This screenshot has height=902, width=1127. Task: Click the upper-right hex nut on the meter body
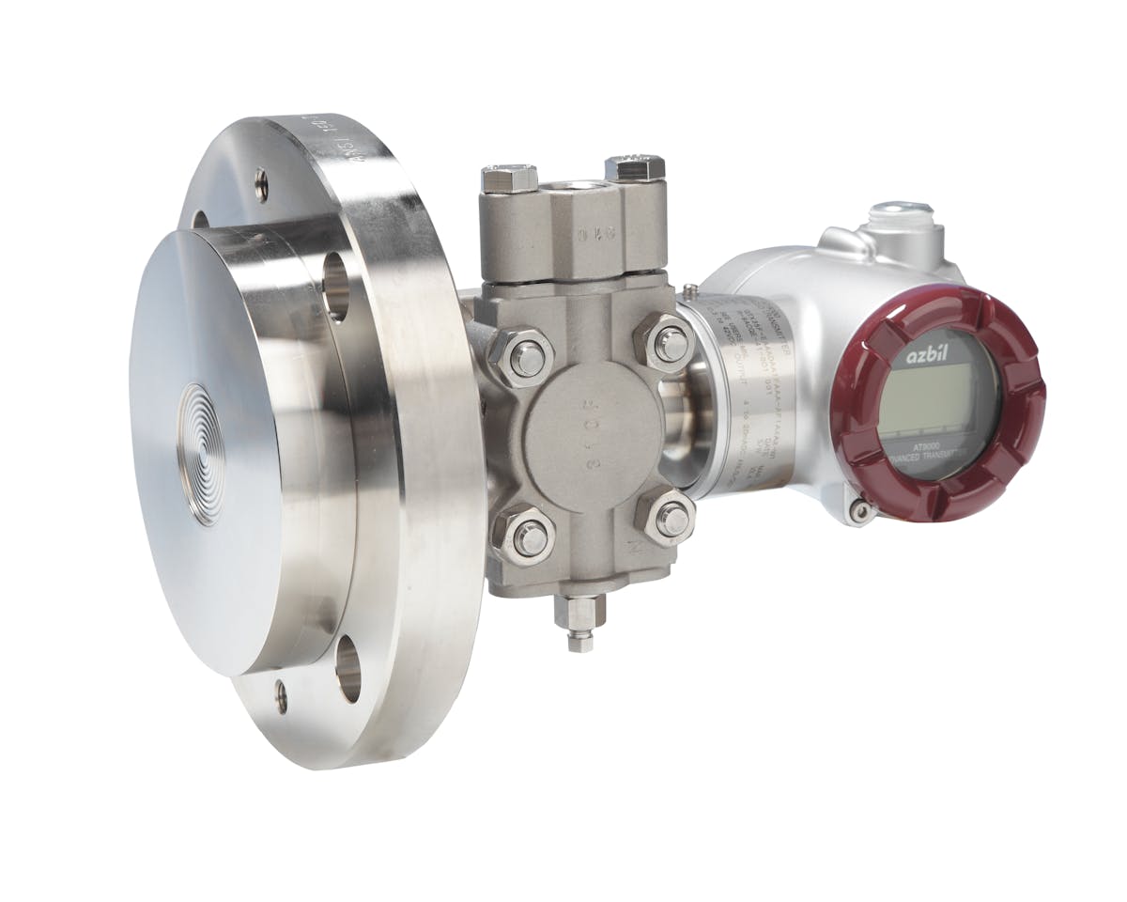point(669,344)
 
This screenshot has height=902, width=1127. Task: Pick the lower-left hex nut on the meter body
point(529,537)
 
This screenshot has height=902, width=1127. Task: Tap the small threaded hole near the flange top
point(261,185)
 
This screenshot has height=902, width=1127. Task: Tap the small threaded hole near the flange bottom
point(281,696)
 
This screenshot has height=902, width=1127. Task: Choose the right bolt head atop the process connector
point(635,168)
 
